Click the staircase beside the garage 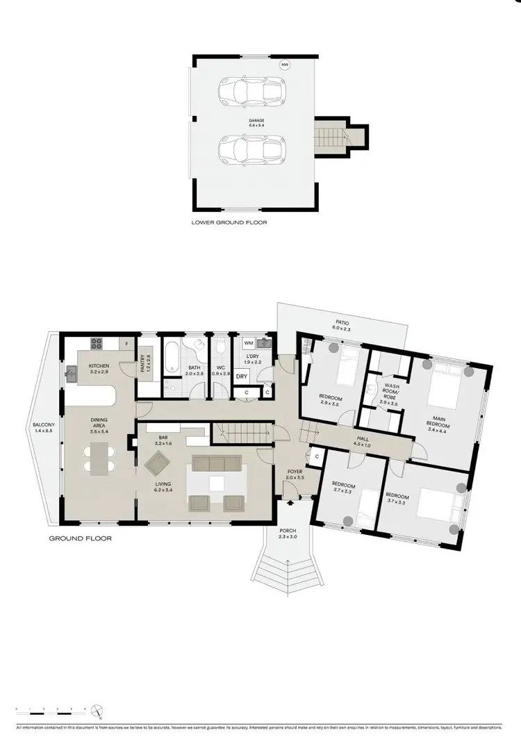[330, 135]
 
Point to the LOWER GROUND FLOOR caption [229, 223]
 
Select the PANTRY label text [147, 363]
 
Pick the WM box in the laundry [248, 343]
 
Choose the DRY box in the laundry [242, 376]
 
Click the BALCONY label [44, 428]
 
